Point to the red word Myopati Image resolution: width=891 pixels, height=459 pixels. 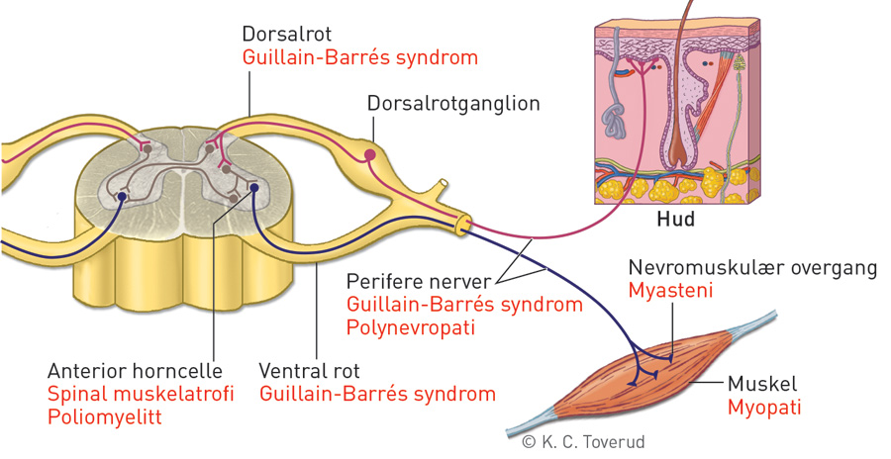(x=763, y=407)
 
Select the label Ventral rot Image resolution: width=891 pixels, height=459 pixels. (x=309, y=372)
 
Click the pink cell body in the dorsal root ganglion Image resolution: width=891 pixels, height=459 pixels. (x=370, y=154)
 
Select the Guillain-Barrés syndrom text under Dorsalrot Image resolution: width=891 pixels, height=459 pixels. (x=360, y=57)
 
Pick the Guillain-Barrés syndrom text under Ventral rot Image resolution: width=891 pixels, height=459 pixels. (x=377, y=394)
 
